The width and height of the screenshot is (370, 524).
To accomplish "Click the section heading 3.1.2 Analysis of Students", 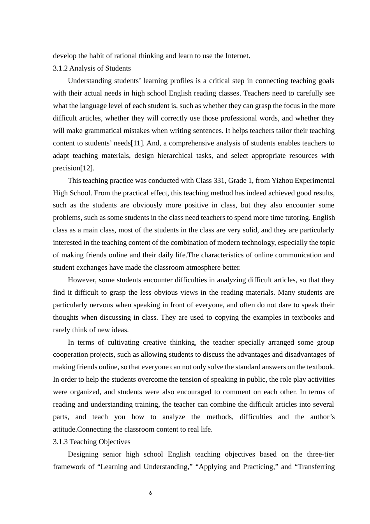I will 92,68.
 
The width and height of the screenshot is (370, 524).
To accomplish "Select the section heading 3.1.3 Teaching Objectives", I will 92,442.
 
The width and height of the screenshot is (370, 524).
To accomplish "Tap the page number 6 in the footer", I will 151,493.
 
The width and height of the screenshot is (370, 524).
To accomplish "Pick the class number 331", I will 218,181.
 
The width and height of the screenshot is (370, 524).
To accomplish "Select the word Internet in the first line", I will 237,56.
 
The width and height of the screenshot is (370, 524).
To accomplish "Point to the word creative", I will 154,342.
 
